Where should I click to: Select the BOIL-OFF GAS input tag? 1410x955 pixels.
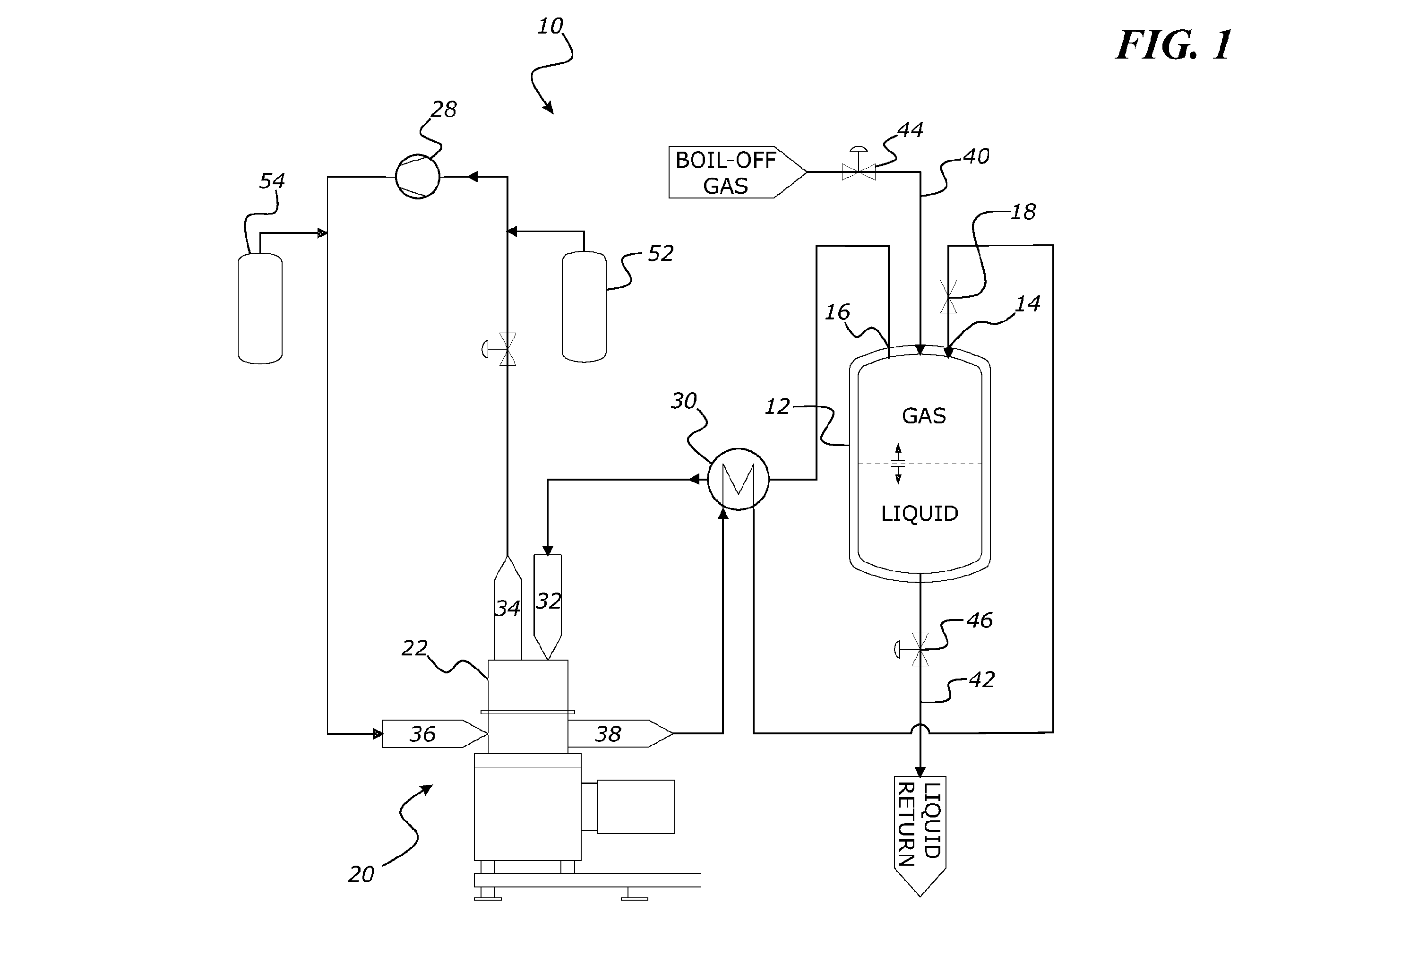[x=737, y=172]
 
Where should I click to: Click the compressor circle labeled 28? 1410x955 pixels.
[x=417, y=177]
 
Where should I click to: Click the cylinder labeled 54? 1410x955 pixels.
[x=260, y=308]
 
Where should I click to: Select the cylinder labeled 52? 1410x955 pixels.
[x=584, y=306]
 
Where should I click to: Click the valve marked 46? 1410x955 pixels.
[x=916, y=649]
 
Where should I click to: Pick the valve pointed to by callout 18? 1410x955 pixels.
[x=948, y=297]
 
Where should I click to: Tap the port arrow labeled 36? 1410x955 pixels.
[x=434, y=733]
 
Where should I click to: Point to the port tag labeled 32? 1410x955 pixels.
[x=548, y=607]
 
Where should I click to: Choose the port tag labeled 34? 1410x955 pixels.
[x=508, y=608]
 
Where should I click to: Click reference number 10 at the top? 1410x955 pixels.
[x=550, y=26]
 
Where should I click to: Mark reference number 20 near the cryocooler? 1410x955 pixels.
[x=361, y=874]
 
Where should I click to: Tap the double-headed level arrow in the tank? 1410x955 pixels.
[x=899, y=464]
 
